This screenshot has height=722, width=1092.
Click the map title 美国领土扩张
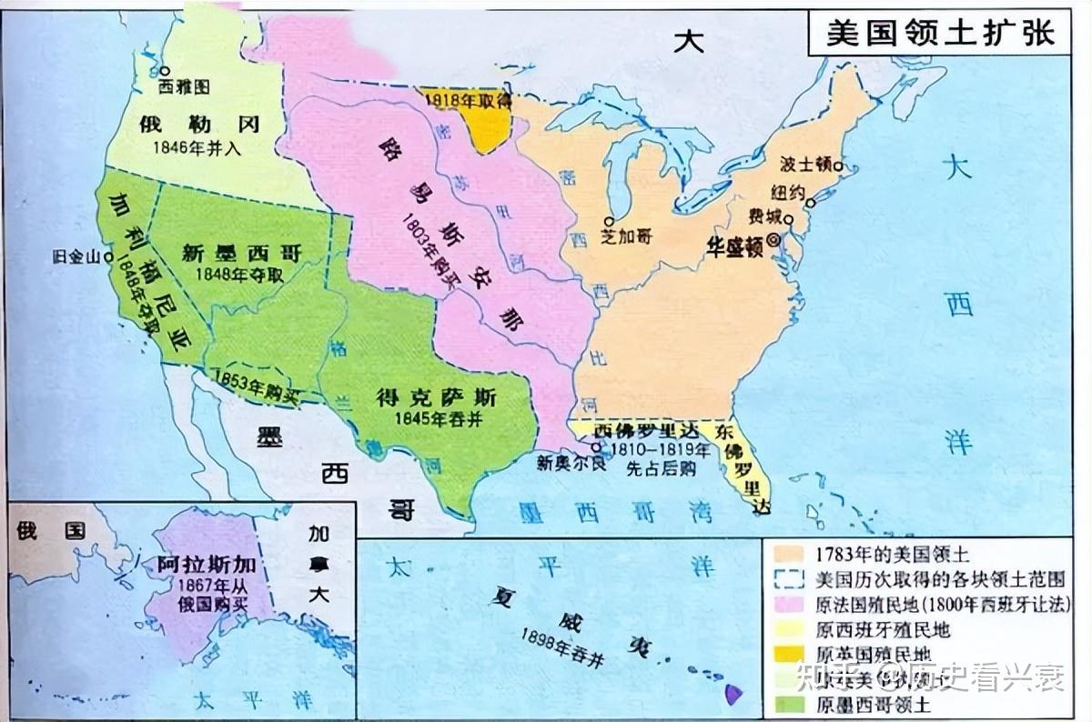941,34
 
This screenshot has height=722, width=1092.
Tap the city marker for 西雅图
165,70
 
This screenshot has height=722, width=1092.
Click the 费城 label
765,216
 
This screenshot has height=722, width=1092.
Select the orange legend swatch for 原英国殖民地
790,654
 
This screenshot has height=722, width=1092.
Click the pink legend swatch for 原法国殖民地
790,603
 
